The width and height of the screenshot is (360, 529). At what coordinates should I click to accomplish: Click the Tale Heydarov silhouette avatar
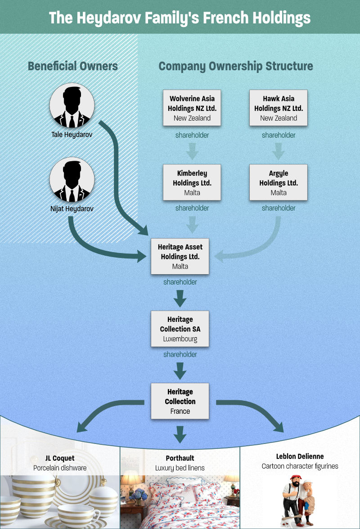coord(72,105)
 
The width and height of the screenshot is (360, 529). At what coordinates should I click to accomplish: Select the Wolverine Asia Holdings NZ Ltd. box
coord(192,108)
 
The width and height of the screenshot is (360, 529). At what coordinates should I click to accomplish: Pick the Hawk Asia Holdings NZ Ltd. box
coord(279,108)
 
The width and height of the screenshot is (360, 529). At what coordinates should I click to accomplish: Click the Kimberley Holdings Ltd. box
coord(192,182)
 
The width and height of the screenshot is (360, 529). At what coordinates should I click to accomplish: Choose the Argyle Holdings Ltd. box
coord(279,182)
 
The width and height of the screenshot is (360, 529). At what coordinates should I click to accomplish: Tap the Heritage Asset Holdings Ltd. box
coord(180,256)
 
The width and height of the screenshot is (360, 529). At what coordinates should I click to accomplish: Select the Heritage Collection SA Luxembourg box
coord(180,329)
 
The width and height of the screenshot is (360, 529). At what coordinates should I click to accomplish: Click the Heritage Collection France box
coord(180,401)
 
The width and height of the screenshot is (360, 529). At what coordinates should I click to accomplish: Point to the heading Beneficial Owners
coord(73,66)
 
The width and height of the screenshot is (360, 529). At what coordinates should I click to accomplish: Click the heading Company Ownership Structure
coord(236,66)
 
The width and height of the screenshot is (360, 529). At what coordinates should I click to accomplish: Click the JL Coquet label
coord(60,458)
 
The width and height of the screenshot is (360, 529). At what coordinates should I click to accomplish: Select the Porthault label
coord(180,458)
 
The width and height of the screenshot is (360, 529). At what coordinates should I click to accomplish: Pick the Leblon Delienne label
coord(300,457)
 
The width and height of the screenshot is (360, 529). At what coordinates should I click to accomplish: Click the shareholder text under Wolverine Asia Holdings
coord(192,135)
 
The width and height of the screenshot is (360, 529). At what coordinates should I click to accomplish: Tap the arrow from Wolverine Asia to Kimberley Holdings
coord(192,151)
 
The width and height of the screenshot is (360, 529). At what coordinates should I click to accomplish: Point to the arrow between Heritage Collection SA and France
coord(180,371)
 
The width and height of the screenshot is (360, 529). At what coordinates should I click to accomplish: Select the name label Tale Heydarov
coord(72,135)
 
